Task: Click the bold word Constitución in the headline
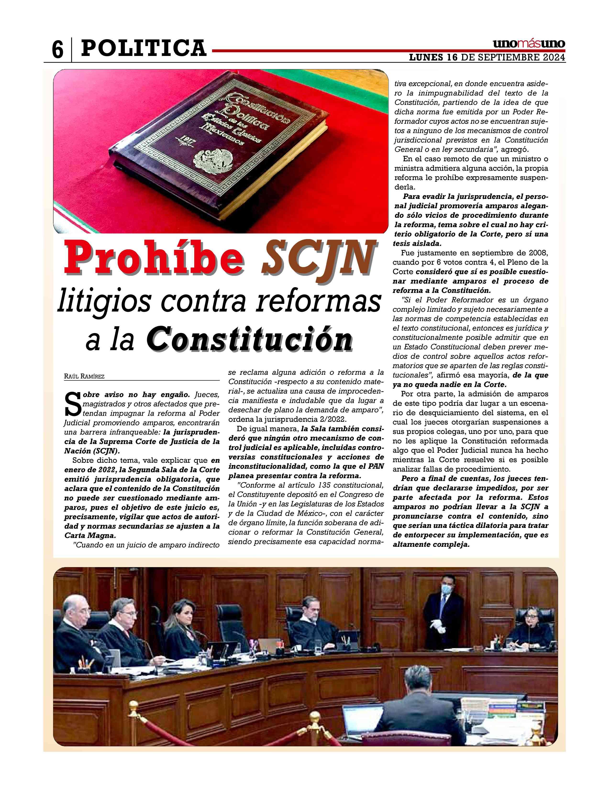[249, 339]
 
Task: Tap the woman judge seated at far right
[529, 628]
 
